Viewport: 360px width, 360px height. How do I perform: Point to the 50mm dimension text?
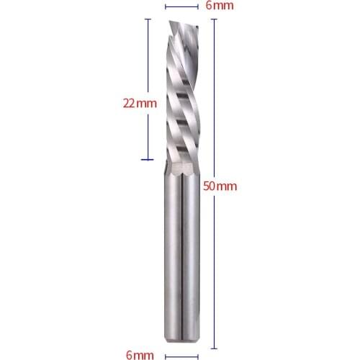219,186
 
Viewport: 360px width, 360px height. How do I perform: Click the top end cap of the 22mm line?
148,19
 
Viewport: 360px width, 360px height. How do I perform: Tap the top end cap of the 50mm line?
214,19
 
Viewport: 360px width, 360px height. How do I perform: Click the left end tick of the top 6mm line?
166,6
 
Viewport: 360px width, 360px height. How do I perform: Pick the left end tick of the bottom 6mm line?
166,354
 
